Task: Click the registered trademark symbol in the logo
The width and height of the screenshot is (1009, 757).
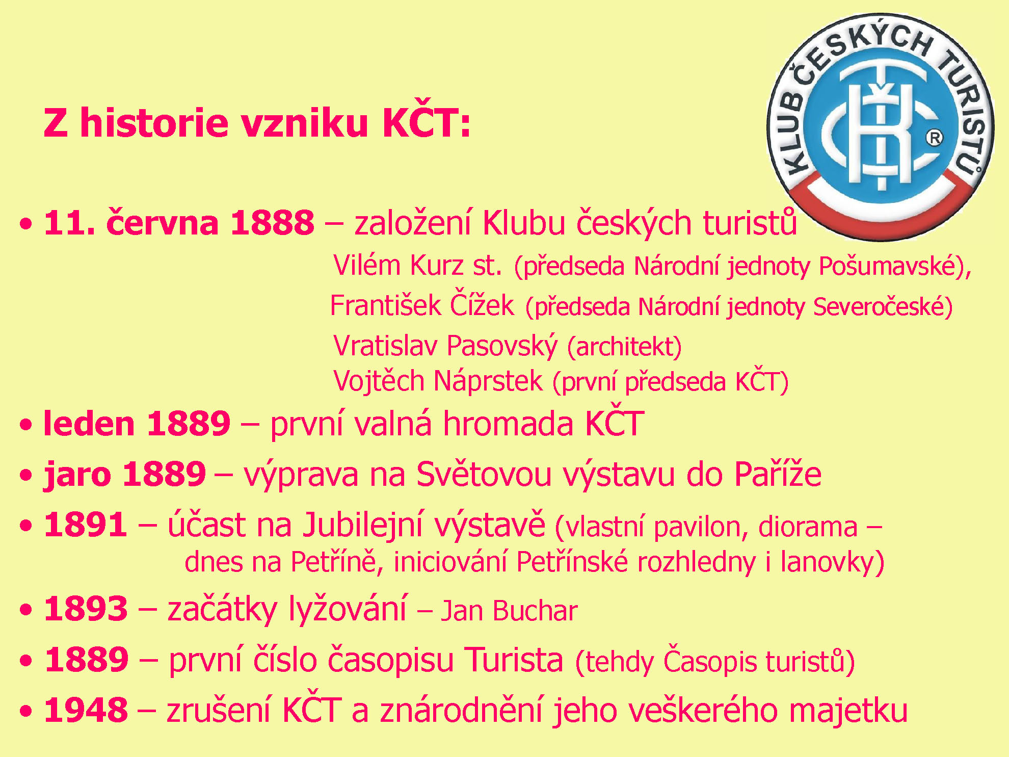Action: pos(934,138)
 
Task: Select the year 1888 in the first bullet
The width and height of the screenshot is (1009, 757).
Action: pos(272,223)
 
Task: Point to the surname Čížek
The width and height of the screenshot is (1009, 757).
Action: pos(482,304)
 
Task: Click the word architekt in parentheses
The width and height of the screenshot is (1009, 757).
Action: pos(625,347)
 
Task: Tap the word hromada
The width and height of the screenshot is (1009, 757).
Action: pos(508,424)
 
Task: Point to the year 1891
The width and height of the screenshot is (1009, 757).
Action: pos(86,525)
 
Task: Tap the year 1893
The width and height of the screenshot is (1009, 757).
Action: pos(86,609)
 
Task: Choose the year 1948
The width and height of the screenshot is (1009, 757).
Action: pos(86,710)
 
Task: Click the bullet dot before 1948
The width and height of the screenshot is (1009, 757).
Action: pos(25,711)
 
